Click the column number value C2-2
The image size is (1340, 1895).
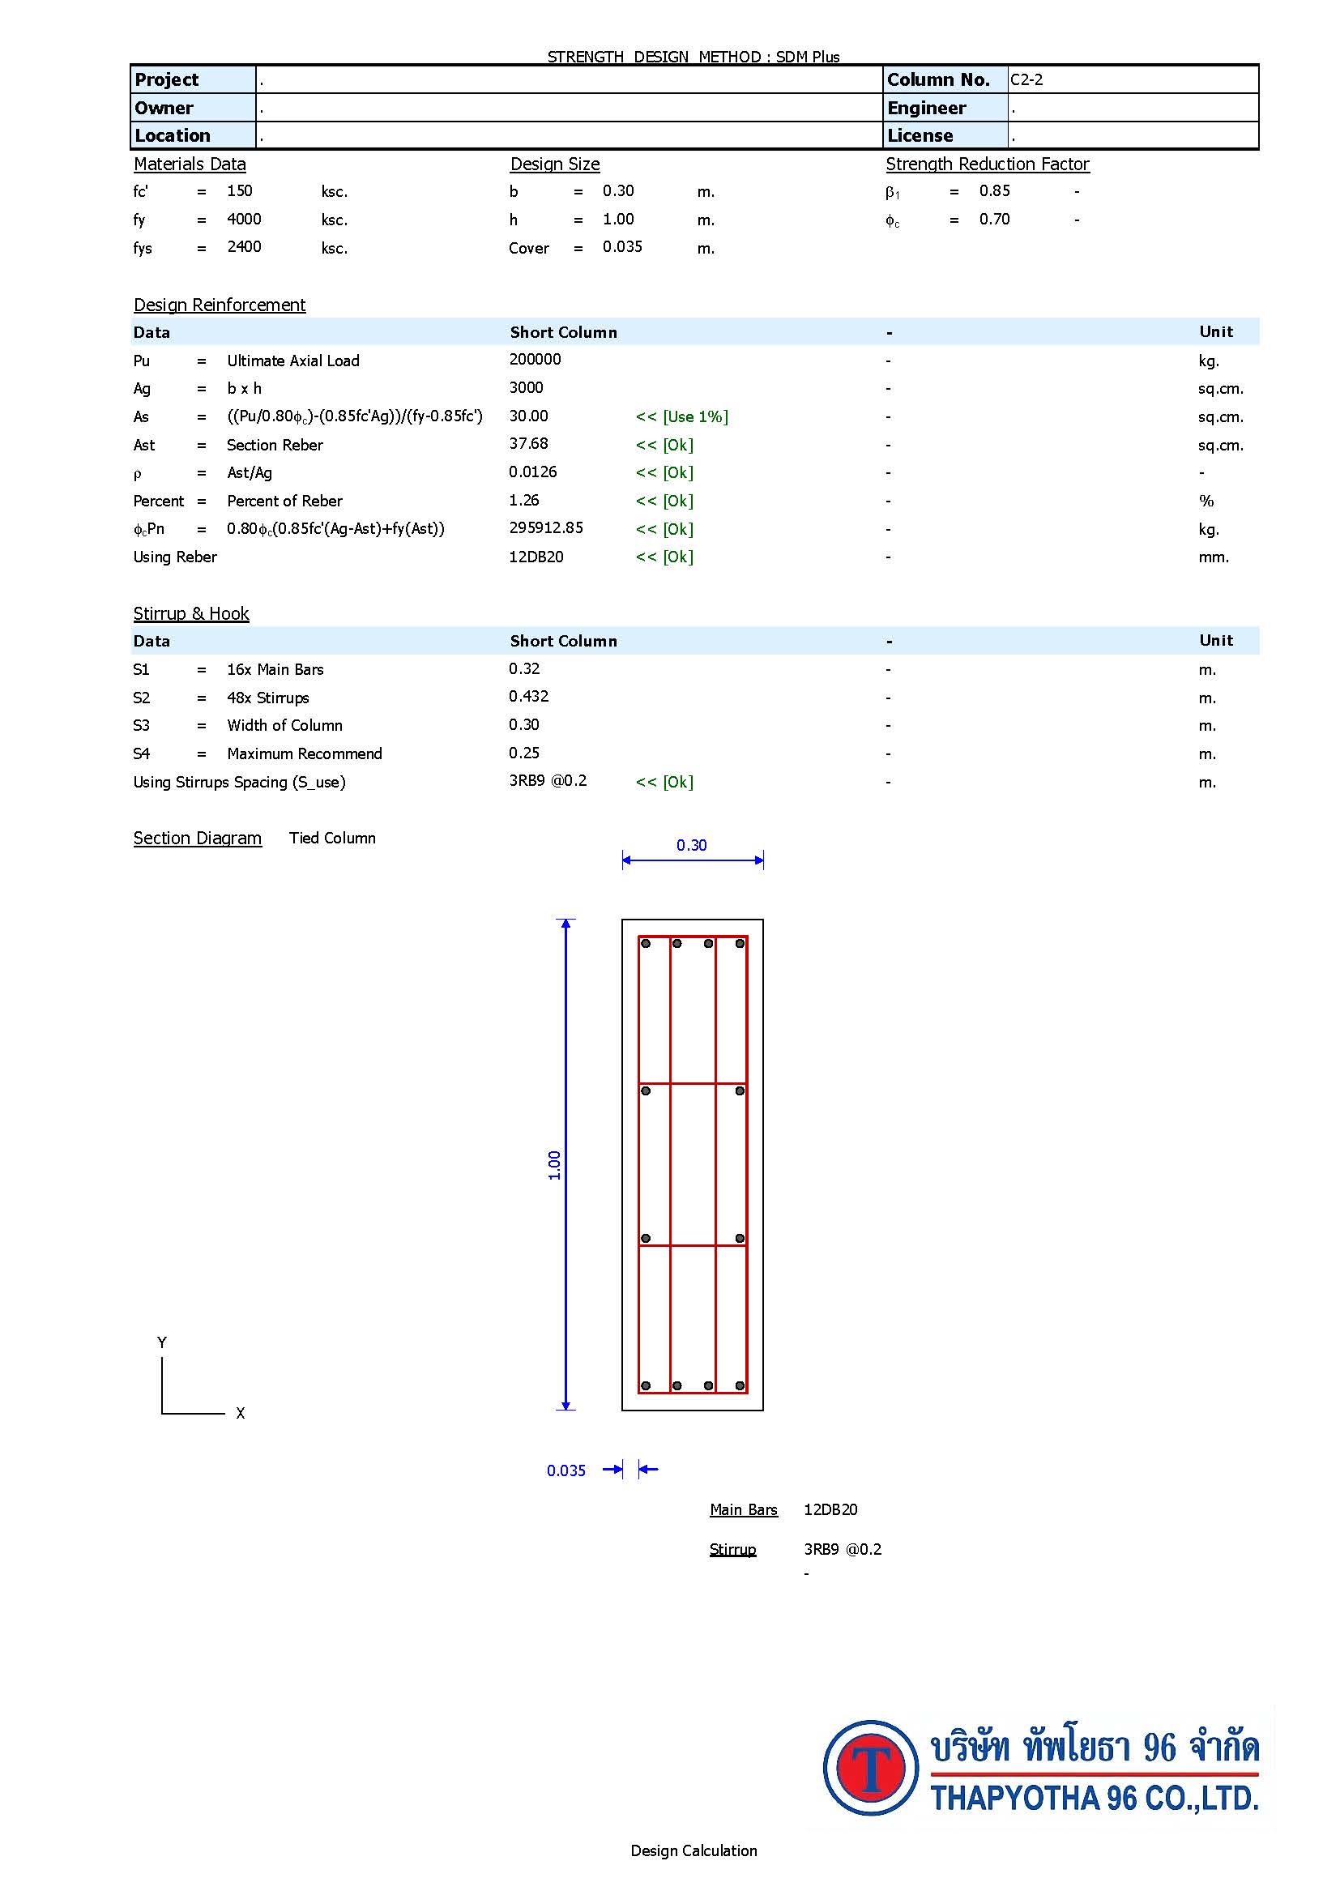click(x=1026, y=80)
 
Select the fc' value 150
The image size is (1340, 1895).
click(x=239, y=190)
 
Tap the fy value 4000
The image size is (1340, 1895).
click(x=244, y=219)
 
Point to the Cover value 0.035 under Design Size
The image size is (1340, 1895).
click(x=622, y=247)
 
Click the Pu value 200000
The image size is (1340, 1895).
click(x=535, y=359)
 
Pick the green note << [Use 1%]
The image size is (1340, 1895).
click(x=681, y=416)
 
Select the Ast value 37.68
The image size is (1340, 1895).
click(x=528, y=443)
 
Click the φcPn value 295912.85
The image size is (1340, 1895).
click(x=545, y=527)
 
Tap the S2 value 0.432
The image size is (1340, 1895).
click(x=528, y=696)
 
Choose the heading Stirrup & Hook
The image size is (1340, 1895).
click(x=191, y=613)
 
